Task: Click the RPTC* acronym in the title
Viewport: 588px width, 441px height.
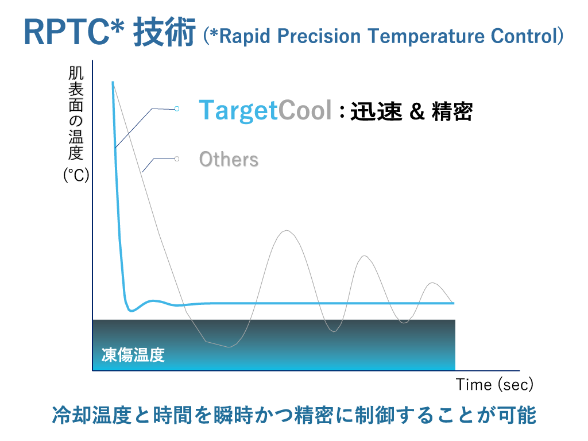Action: [x=74, y=32]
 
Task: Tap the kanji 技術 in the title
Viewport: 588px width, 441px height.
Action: [x=164, y=32]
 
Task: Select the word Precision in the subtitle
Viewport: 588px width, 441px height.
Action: [x=319, y=36]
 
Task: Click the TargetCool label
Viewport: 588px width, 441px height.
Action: [x=265, y=110]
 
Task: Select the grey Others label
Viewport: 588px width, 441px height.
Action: [x=229, y=160]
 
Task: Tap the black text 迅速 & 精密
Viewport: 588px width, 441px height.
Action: [x=411, y=111]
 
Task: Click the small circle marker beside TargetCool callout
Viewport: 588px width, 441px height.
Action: [x=177, y=109]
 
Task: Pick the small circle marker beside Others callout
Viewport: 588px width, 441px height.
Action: [x=177, y=159]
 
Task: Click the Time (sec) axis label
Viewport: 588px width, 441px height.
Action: [x=494, y=385]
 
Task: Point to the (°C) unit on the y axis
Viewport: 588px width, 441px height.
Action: [x=76, y=175]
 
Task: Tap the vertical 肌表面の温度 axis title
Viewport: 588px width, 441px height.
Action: [x=76, y=113]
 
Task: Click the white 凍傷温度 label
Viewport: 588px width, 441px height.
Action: [x=133, y=355]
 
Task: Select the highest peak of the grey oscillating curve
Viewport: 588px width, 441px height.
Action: [x=287, y=230]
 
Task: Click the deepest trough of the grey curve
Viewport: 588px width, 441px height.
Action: [x=229, y=347]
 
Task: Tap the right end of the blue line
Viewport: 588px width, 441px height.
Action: [x=454, y=303]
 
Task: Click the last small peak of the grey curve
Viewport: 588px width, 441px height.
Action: [x=433, y=283]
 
